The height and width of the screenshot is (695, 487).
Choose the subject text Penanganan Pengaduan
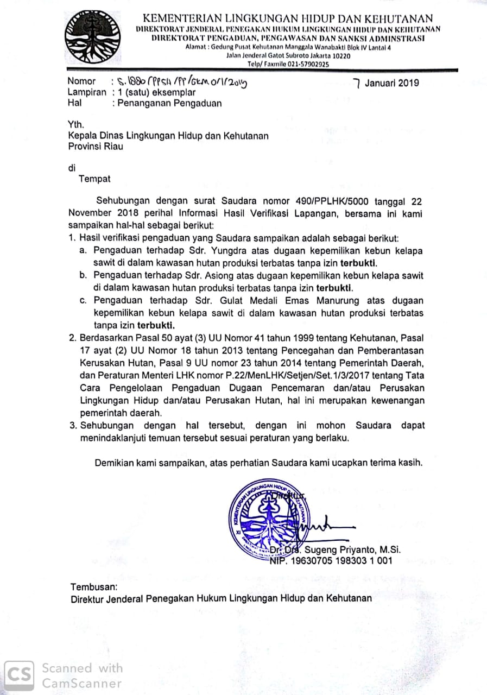coord(170,103)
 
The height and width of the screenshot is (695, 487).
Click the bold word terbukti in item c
coord(156,326)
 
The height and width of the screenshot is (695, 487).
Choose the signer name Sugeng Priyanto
coord(343,550)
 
